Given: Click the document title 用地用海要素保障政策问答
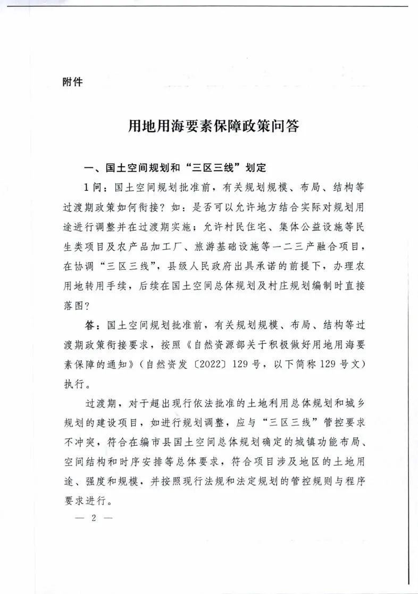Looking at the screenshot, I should [x=214, y=127].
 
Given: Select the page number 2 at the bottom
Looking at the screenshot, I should [x=93, y=519].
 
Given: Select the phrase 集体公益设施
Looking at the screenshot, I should [x=308, y=227].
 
